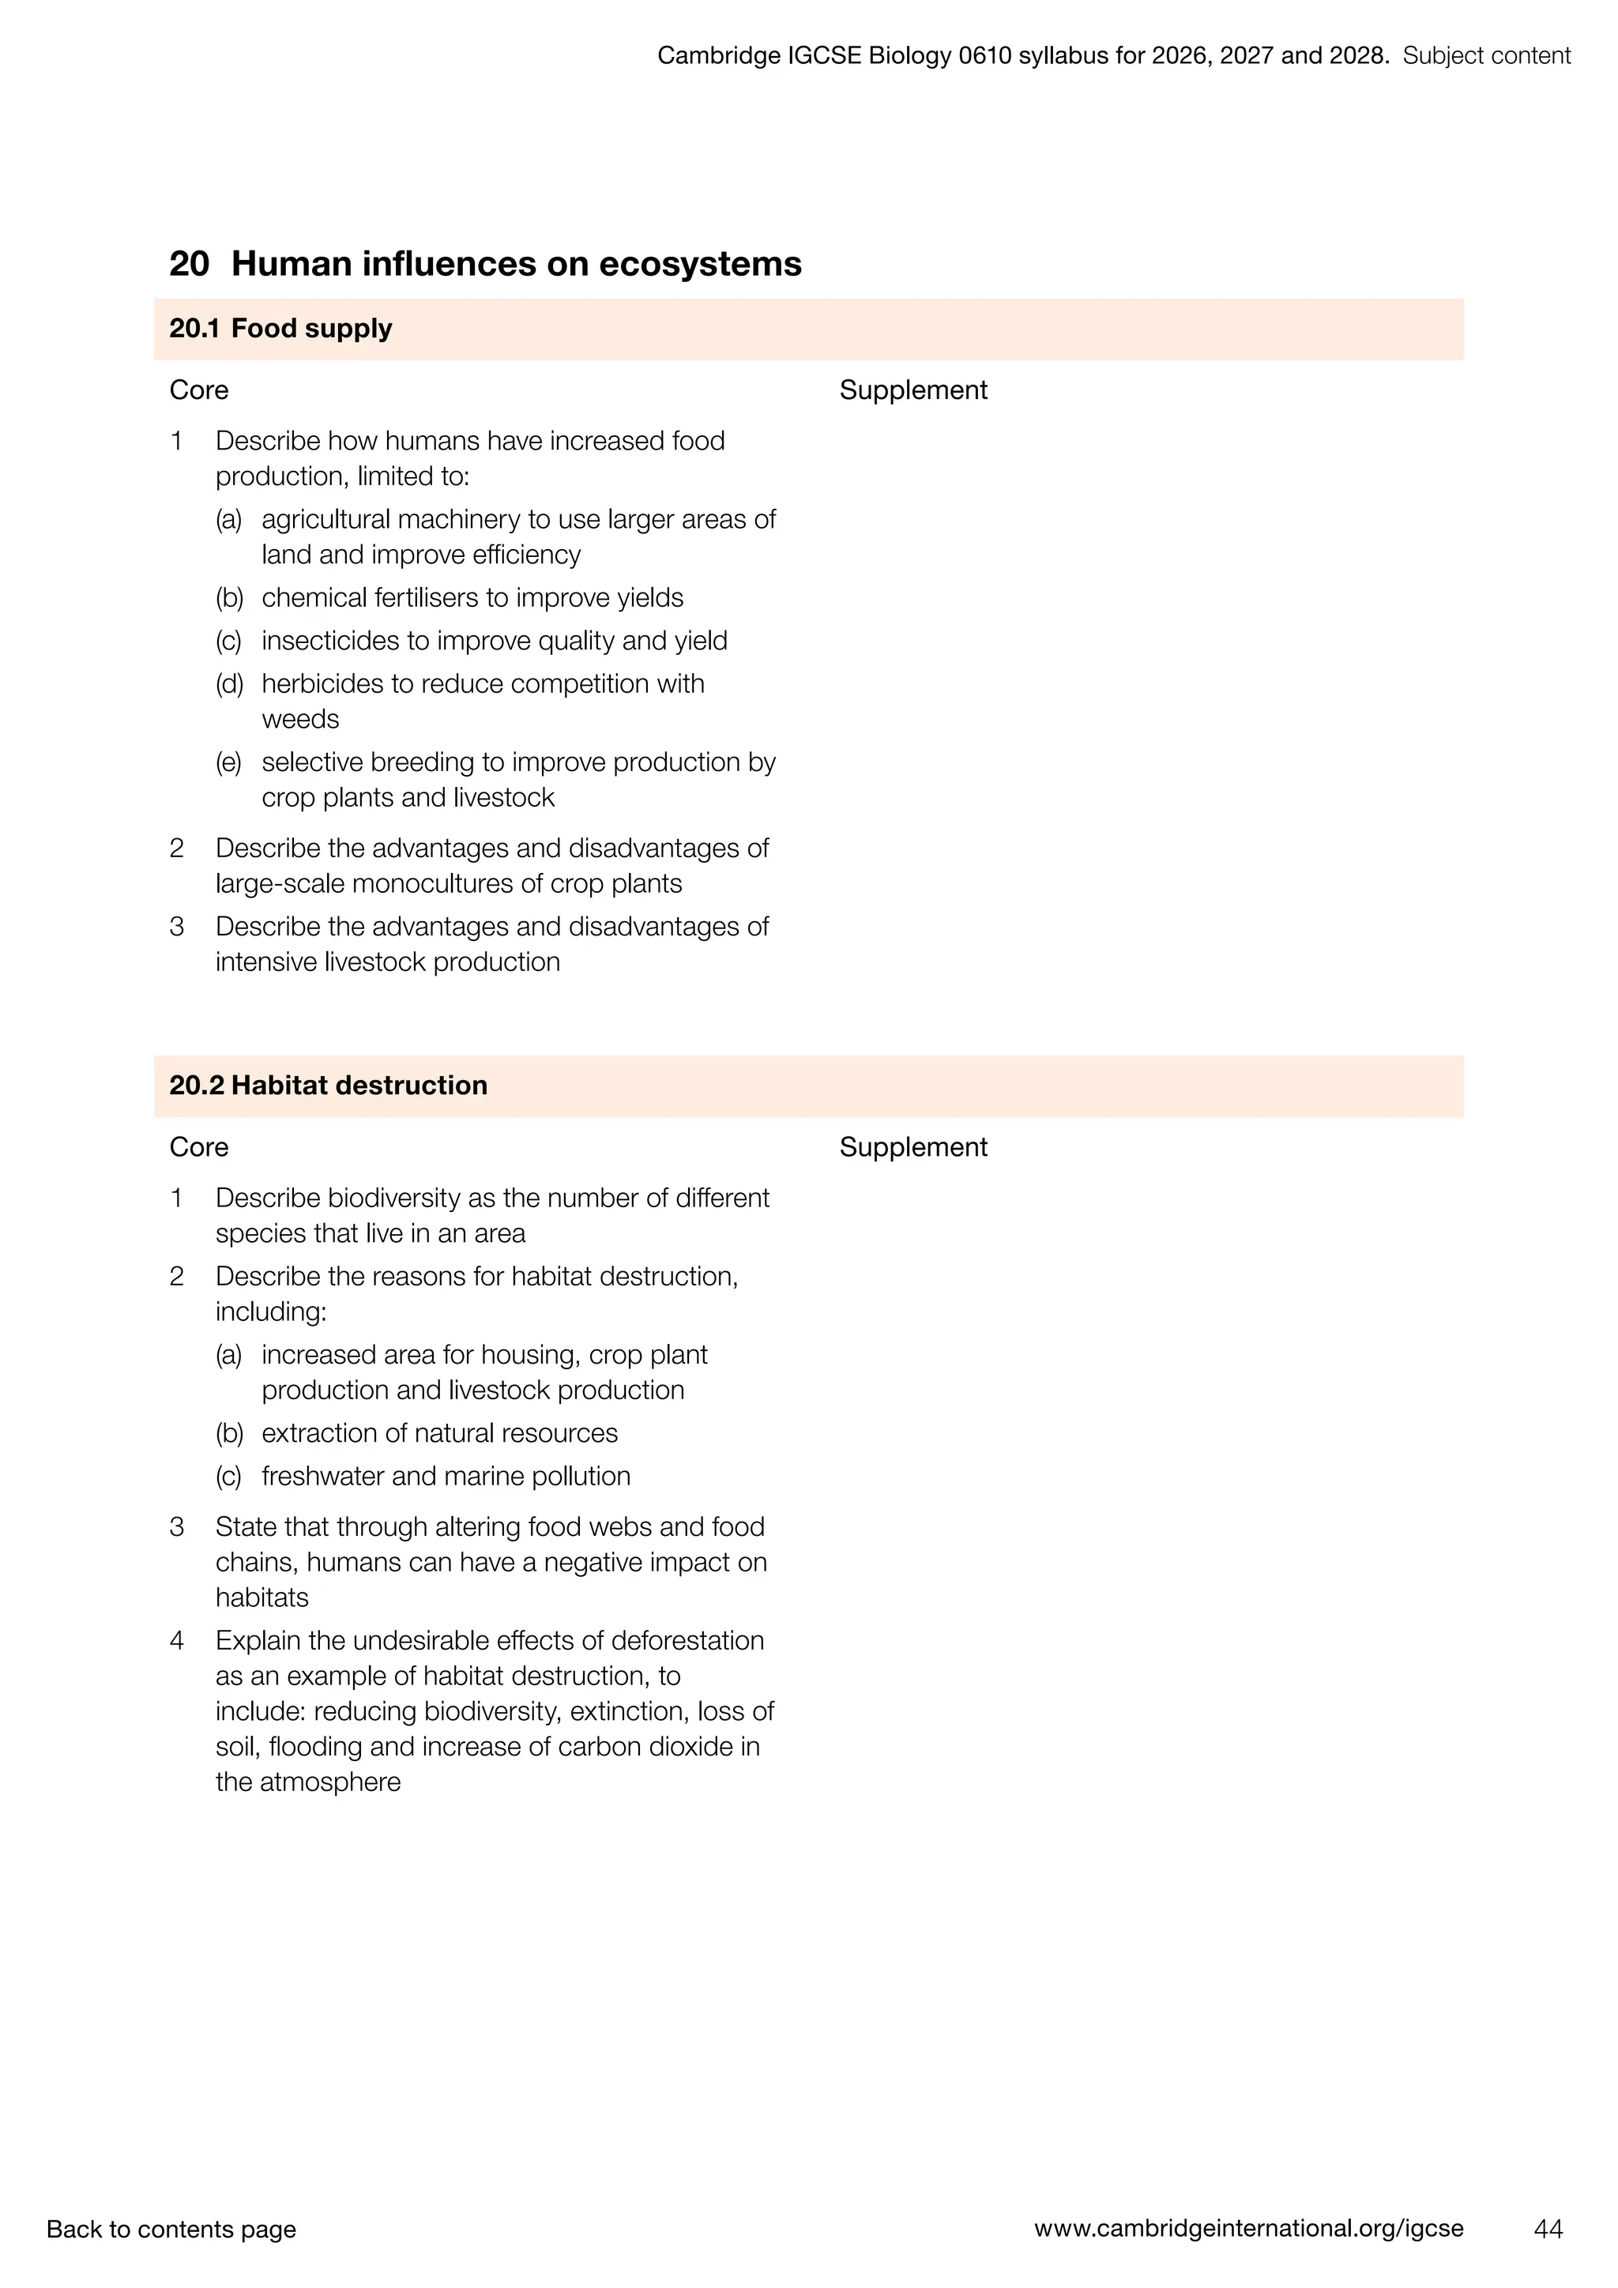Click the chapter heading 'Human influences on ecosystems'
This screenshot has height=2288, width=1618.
[515, 264]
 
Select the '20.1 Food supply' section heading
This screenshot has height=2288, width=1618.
[281, 329]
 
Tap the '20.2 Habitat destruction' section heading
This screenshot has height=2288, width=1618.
[329, 1086]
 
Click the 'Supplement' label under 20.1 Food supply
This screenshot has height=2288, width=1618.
[912, 389]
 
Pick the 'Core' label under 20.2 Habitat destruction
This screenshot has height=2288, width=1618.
[198, 1147]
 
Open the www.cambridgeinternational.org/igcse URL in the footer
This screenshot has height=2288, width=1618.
[1248, 2228]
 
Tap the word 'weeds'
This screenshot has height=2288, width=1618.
[300, 720]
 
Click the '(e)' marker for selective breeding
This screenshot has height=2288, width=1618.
[229, 762]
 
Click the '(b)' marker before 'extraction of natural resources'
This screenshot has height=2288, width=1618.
[229, 1433]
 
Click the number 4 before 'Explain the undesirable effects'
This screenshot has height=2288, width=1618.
[176, 1640]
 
